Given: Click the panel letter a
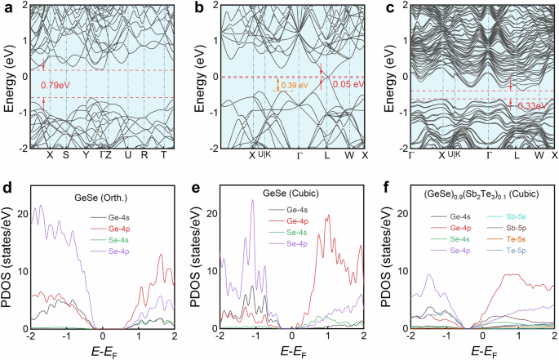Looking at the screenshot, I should pyautogui.click(x=6, y=7).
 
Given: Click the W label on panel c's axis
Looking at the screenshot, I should pyautogui.click(x=539, y=156).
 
